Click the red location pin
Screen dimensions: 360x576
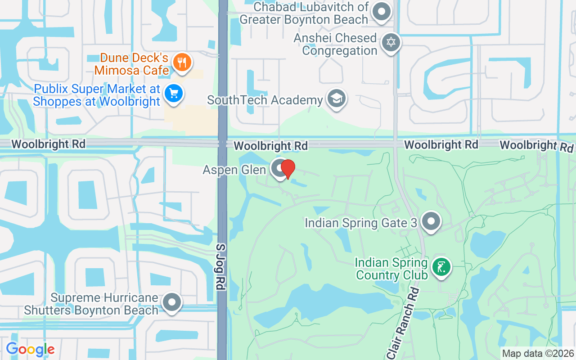(x=288, y=169)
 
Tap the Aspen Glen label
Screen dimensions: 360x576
(x=234, y=170)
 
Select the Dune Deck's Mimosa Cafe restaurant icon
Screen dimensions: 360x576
(x=182, y=62)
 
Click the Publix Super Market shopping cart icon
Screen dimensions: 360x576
(x=174, y=94)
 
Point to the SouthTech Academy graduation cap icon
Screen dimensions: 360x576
(x=336, y=98)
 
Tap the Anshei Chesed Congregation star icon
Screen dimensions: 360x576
(x=391, y=43)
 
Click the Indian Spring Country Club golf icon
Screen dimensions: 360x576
(x=441, y=267)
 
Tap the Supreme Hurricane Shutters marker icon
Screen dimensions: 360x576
(x=172, y=302)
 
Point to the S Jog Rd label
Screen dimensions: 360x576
(x=220, y=267)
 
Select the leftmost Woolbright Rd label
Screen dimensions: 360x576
(x=48, y=144)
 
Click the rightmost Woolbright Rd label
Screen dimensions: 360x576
(x=536, y=145)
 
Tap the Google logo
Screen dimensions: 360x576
(x=30, y=349)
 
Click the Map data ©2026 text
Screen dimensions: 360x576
(x=538, y=353)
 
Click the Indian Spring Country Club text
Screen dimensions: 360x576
(x=391, y=269)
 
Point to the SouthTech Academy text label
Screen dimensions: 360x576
(x=265, y=100)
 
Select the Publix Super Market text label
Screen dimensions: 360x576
(x=96, y=95)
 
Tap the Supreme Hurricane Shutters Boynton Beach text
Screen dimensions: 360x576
(x=91, y=304)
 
